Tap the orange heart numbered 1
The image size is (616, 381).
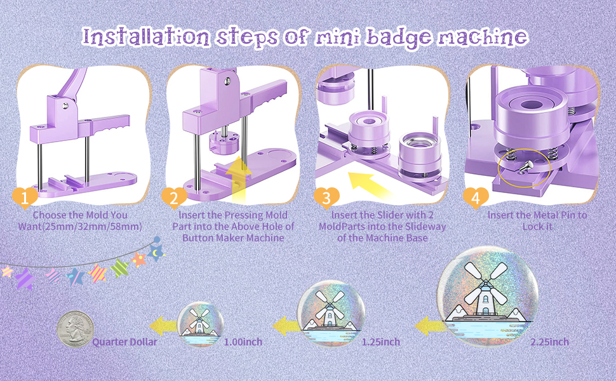click(x=25, y=197)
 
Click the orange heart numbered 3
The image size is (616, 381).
click(x=326, y=197)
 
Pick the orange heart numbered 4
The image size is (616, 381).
click(x=475, y=197)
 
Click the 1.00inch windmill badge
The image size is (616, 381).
click(x=199, y=325)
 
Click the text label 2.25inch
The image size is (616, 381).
click(x=550, y=342)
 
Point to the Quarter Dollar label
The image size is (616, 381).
click(x=124, y=342)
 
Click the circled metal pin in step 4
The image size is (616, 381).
click(x=522, y=167)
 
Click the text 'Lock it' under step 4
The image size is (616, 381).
click(x=537, y=227)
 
